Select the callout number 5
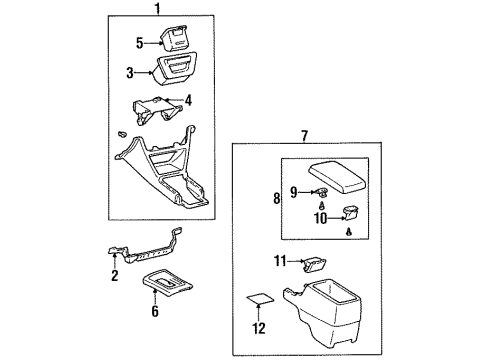click(140, 43)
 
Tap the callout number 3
click(130, 73)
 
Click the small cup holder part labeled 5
click(175, 38)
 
